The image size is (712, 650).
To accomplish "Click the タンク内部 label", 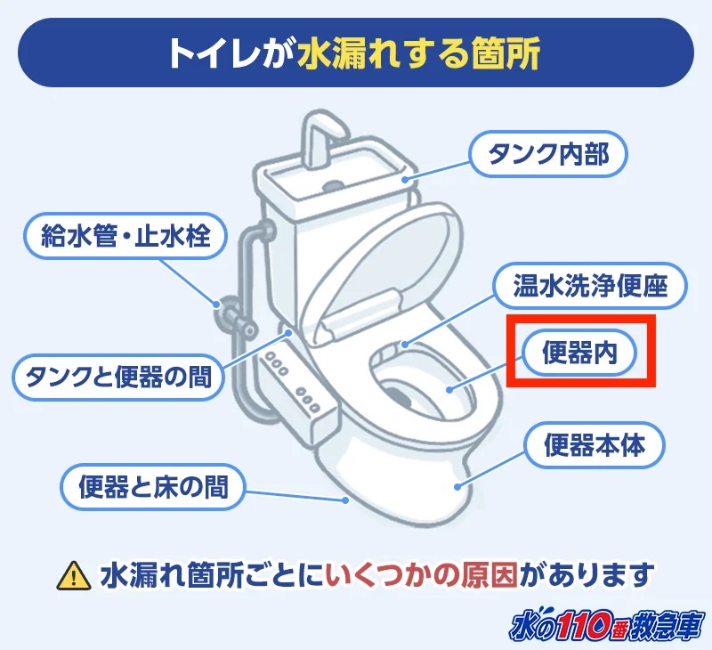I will coord(548,154).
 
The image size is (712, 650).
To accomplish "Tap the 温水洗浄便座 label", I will coord(589,286).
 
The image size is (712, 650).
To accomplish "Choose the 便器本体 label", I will coord(594,445).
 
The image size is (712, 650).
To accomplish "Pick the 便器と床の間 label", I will coord(153,486).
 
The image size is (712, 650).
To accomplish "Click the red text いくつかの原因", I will coord(423,574).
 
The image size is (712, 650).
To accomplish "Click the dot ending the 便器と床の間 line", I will coord(344,500).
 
